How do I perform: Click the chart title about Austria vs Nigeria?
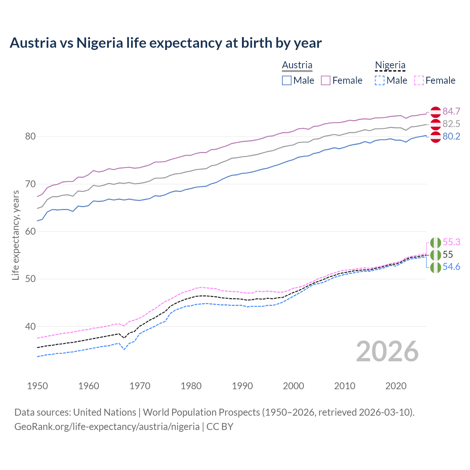[x=166, y=43]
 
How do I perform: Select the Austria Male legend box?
[x=287, y=80]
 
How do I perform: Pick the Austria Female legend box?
[x=326, y=80]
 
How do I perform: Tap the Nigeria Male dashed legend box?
[x=380, y=80]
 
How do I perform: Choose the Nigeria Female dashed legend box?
[x=419, y=80]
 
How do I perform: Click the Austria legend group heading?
[x=297, y=65]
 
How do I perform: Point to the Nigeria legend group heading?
[x=390, y=65]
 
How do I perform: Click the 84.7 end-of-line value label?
[x=451, y=111]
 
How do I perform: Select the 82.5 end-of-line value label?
[x=451, y=124]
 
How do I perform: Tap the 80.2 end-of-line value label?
[x=451, y=136]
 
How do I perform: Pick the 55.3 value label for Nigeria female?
[x=451, y=242]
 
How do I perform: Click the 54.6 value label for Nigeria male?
[x=451, y=267]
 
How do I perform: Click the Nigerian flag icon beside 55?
[x=435, y=255]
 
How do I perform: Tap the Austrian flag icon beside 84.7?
[x=435, y=112]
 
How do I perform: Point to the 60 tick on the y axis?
[x=30, y=231]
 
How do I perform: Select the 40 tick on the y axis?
[x=30, y=326]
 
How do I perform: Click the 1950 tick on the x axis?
[x=37, y=386]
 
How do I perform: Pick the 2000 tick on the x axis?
[x=293, y=386]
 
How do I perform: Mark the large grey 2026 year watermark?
[x=387, y=351]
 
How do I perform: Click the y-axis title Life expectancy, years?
[x=15, y=235]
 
